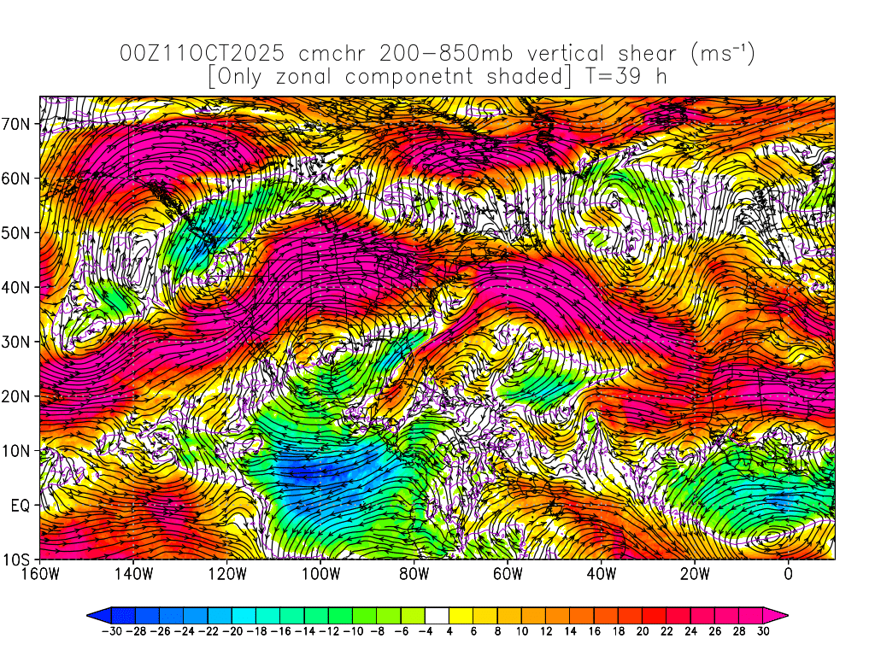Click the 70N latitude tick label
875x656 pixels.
click(19, 124)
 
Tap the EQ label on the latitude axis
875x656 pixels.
click(21, 506)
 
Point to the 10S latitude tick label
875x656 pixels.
click(19, 560)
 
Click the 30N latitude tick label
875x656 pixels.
click(19, 342)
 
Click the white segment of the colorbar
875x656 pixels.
click(437, 614)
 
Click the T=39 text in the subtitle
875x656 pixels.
click(614, 77)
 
